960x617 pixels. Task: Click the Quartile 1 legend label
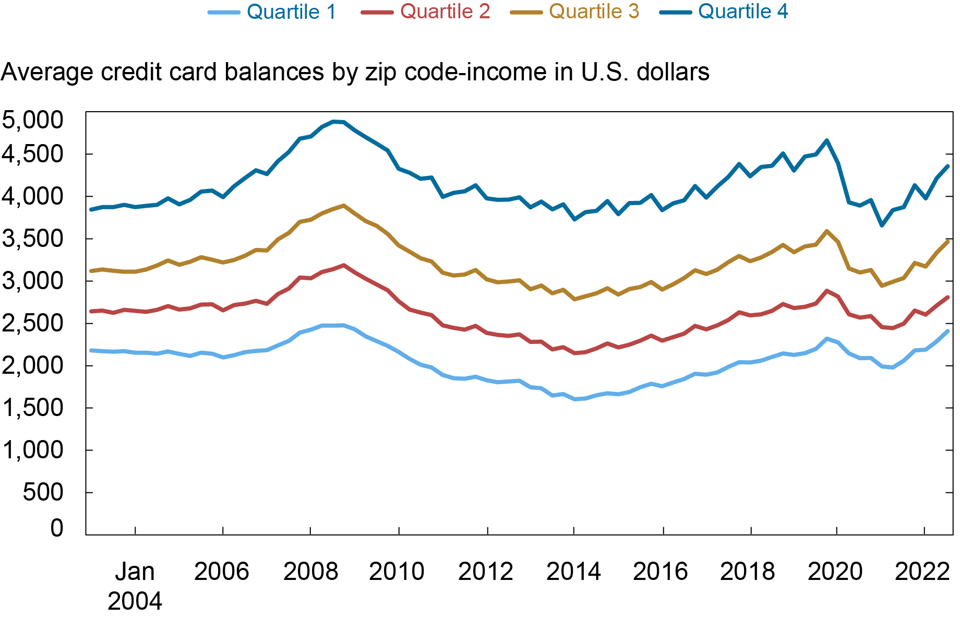(291, 11)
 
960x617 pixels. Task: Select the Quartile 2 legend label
(445, 11)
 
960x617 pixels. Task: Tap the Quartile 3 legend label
(594, 11)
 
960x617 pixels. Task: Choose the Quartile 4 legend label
(743, 11)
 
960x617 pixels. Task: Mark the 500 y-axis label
(43, 492)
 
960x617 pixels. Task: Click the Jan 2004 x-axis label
(135, 586)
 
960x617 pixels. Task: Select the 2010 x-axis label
(397, 572)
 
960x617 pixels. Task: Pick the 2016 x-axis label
(661, 572)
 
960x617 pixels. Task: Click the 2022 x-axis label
(922, 572)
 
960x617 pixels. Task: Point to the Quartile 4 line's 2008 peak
(334, 122)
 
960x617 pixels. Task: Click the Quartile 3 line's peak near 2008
(343, 206)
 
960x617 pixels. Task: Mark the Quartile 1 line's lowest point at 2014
(575, 399)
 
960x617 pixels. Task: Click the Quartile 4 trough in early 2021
(882, 226)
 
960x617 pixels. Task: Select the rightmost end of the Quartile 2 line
(947, 297)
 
